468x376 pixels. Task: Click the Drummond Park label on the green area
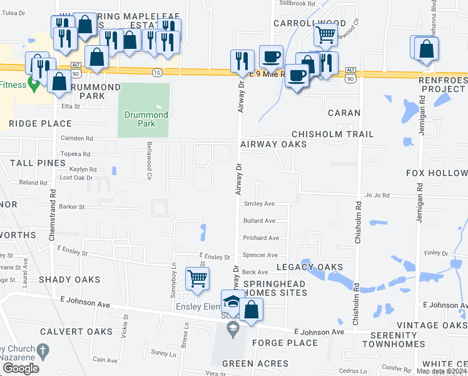coord(146,119)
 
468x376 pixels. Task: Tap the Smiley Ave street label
coord(260,204)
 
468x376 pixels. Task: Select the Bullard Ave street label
coord(260,221)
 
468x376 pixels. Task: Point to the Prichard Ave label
coord(261,238)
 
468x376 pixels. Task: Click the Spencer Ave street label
coord(260,255)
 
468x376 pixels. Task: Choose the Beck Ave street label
coord(255,272)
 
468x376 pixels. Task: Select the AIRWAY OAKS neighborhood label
coord(273,144)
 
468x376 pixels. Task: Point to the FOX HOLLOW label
coord(437,173)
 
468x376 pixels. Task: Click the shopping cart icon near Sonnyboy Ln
coord(198,278)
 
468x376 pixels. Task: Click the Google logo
coord(21,368)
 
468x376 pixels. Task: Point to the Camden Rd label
coord(76,138)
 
